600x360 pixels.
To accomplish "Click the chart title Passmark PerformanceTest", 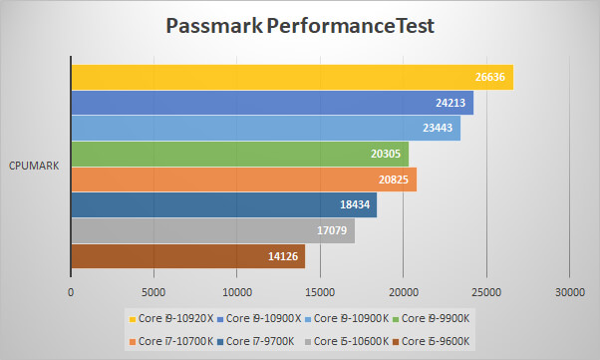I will tap(299, 25).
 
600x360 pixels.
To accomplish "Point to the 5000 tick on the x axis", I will tap(153, 292).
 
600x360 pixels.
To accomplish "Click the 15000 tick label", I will tap(320, 292).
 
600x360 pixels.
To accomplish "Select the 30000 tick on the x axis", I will tap(569, 292).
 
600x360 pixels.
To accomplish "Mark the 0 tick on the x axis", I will tap(71, 292).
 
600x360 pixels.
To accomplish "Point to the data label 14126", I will tap(284, 256).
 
